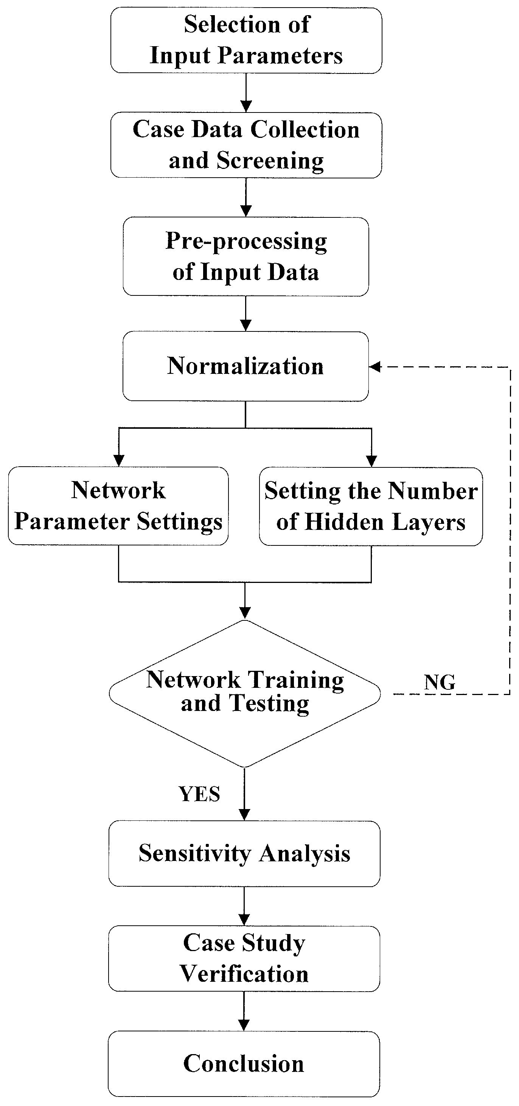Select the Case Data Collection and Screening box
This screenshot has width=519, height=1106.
(246, 145)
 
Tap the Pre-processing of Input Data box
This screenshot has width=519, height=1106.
(246, 256)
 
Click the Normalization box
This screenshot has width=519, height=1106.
(246, 366)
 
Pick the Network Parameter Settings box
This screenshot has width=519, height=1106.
(118, 506)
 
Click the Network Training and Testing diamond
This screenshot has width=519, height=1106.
(245, 693)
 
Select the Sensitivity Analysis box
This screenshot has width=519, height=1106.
(244, 853)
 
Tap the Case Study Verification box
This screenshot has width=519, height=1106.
(244, 958)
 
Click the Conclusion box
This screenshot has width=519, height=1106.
(244, 1064)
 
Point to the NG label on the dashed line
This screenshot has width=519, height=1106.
(440, 682)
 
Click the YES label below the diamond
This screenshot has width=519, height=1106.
(199, 794)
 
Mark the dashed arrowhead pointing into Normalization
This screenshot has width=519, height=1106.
(375, 367)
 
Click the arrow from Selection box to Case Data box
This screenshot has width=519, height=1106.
(246, 93)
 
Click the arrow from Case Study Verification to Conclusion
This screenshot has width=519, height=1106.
(244, 1011)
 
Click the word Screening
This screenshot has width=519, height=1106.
(270, 161)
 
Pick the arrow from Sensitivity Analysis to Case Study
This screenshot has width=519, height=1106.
(244, 906)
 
